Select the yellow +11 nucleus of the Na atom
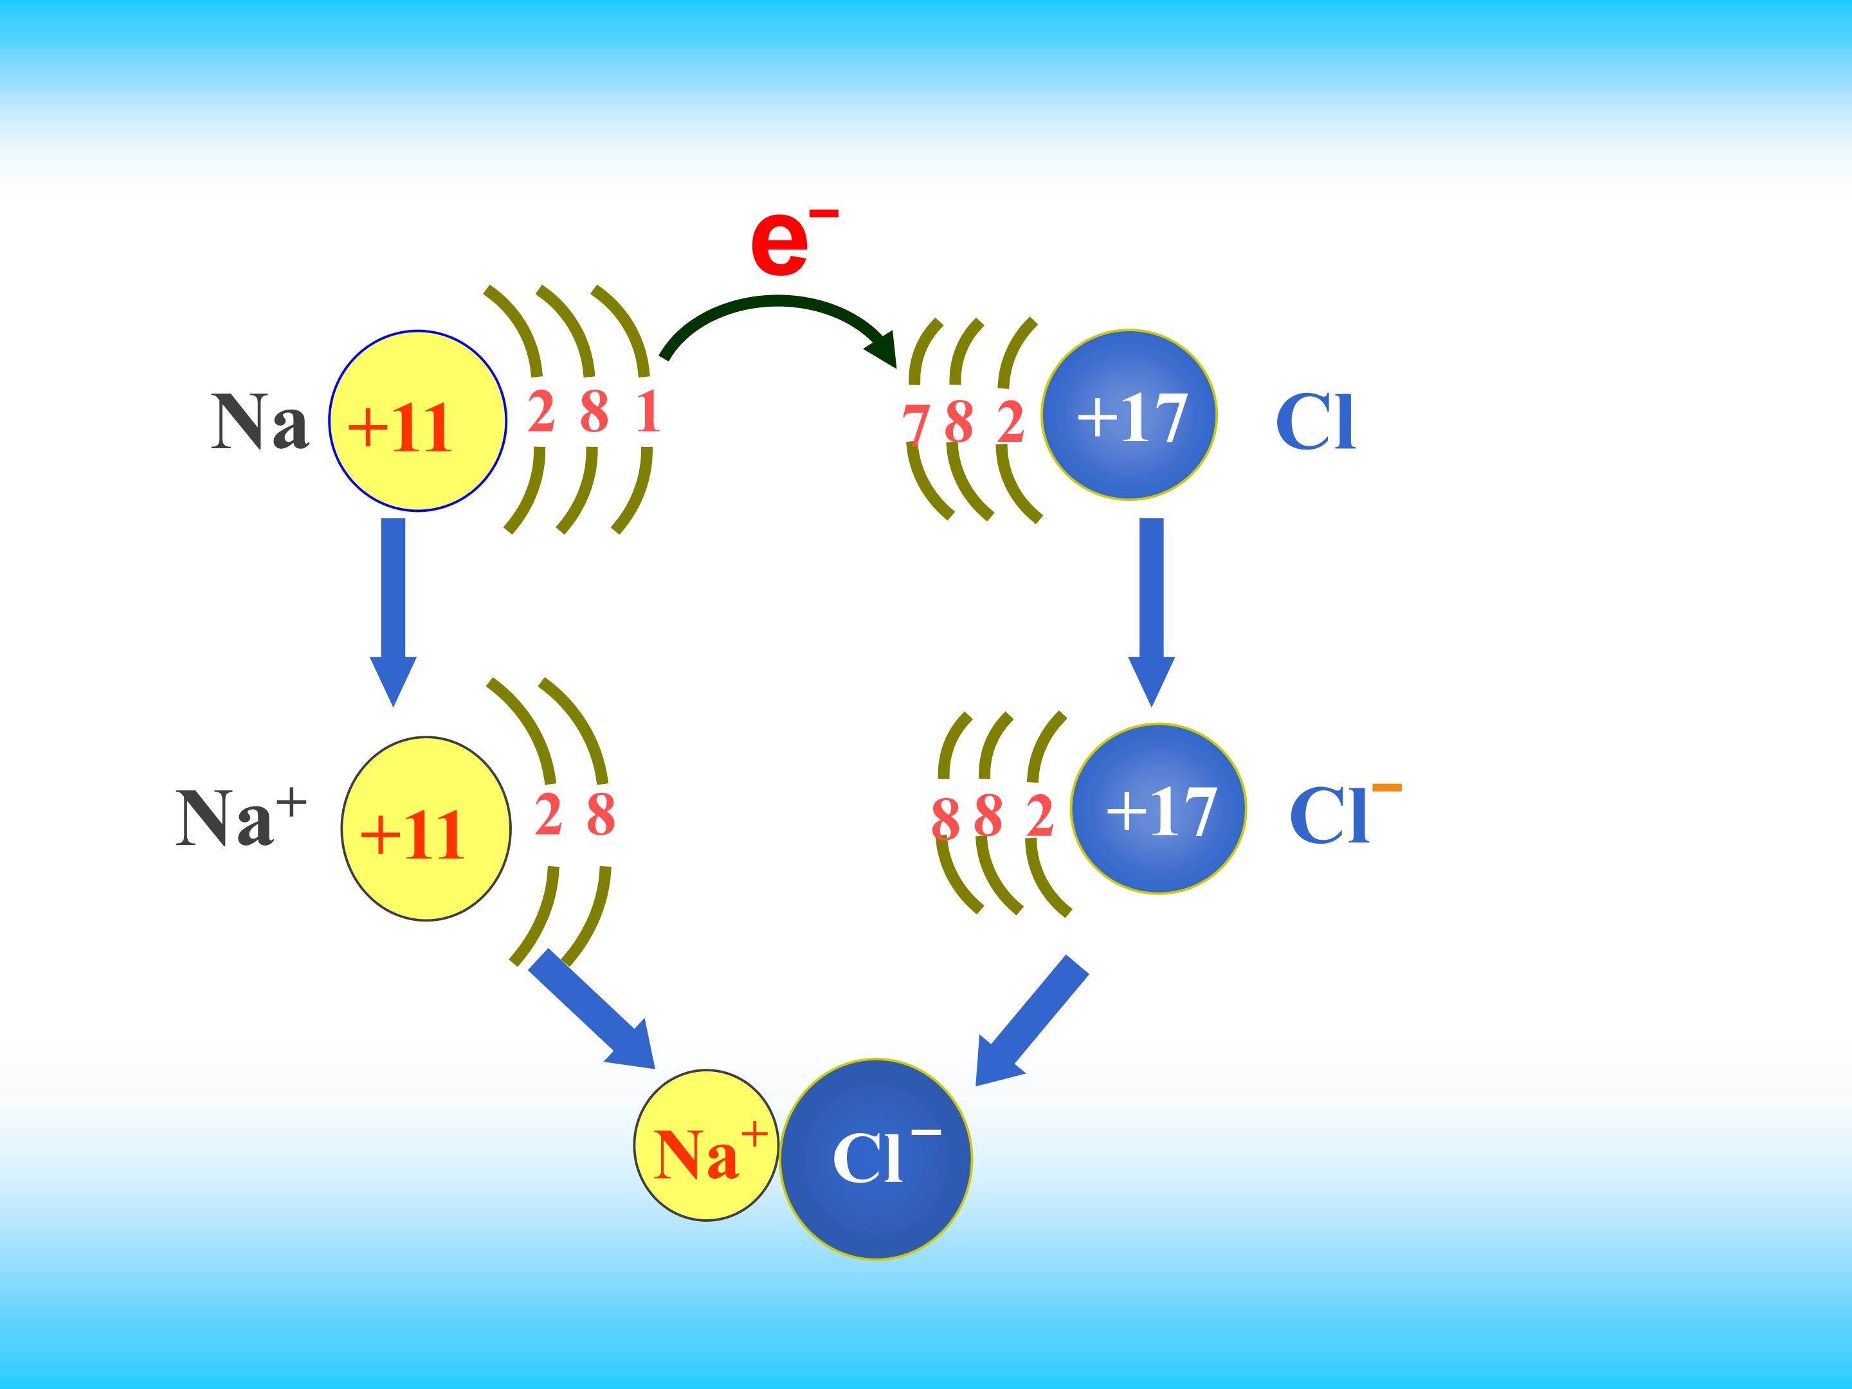click(x=417, y=421)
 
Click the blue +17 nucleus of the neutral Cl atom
click(x=1129, y=414)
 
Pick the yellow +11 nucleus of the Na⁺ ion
click(x=426, y=828)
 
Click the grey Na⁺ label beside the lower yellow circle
click(x=241, y=816)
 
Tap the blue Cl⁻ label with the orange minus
click(x=1345, y=812)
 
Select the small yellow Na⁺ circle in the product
click(x=706, y=1145)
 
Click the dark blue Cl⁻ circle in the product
click(x=876, y=1159)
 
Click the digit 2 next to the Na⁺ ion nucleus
click(x=548, y=815)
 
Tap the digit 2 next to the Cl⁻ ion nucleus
click(x=1039, y=816)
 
